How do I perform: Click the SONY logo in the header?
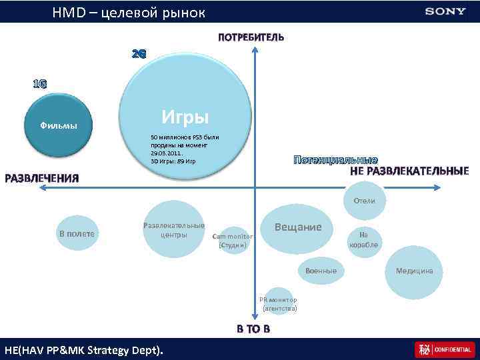click(445, 11)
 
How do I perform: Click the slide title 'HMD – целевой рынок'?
click(129, 13)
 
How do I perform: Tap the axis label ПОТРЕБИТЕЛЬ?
click(251, 37)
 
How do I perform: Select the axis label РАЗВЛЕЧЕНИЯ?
click(42, 178)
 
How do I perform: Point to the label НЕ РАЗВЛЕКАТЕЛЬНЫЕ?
click(409, 171)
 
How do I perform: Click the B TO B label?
click(253, 329)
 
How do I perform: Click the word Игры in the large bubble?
click(185, 118)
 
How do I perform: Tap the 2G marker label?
click(139, 53)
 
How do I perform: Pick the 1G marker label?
click(40, 84)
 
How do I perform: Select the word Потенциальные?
click(335, 160)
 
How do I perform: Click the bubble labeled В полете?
click(77, 234)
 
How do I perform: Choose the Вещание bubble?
click(298, 227)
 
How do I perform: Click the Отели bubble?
click(364, 201)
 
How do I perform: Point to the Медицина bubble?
click(414, 271)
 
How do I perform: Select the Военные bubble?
click(321, 271)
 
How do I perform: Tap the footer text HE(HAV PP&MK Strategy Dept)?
click(83, 350)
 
